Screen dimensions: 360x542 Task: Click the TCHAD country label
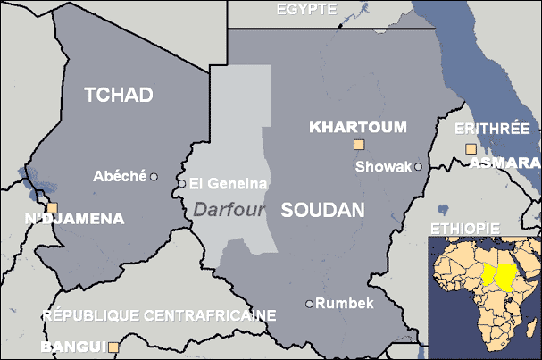point(119,96)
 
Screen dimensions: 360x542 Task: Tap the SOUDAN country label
point(322,211)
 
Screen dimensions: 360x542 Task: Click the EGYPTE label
point(306,9)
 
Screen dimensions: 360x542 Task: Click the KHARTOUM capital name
point(357,127)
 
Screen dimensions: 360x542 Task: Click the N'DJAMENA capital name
point(74,218)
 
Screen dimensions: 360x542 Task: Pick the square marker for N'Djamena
point(52,207)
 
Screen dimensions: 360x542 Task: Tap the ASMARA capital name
point(504,163)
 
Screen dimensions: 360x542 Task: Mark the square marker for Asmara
point(471,149)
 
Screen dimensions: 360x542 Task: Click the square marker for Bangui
point(113,347)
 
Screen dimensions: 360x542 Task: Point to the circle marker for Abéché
point(154,177)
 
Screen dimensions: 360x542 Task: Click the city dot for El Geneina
point(182,184)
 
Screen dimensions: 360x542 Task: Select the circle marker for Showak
point(417,167)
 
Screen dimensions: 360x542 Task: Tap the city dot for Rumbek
point(310,304)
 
